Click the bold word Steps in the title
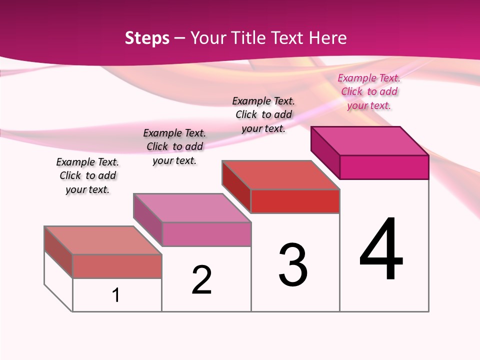pos(147,38)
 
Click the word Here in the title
pos(328,38)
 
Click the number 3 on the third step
pos(293,265)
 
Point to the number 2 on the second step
pos(202,280)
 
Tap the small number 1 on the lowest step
pos(116,295)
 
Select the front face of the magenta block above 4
pos(384,167)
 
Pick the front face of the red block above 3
pos(295,201)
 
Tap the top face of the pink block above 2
pos(192,207)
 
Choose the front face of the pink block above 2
pos(206,234)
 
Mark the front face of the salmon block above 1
pos(117,266)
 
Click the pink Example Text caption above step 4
pos(369,78)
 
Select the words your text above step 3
pos(263,128)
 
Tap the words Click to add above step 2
pos(174,146)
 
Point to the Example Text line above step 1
pos(87,162)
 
